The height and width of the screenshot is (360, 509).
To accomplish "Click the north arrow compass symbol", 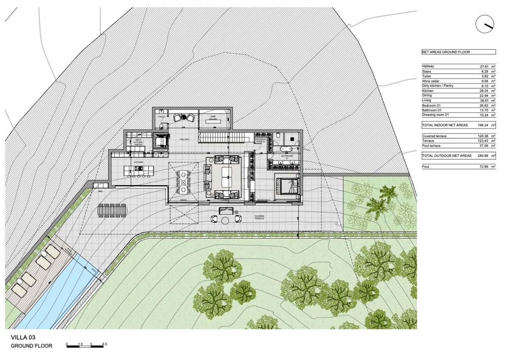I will pyautogui.click(x=485, y=24).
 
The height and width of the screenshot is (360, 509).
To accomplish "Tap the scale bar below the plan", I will pyautogui.click(x=85, y=346).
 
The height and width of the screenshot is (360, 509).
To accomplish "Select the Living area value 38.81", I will pyautogui.click(x=485, y=100).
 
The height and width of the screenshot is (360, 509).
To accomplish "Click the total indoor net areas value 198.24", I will pyautogui.click(x=484, y=125).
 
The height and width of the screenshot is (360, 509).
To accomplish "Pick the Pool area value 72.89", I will pyautogui.click(x=485, y=167).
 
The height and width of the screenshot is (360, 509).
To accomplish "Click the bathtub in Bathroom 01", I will pyautogui.click(x=285, y=149).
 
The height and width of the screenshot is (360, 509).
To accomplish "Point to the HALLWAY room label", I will pyautogui.click(x=185, y=139).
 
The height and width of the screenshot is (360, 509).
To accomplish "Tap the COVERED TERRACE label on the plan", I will pyautogui.click(x=260, y=217).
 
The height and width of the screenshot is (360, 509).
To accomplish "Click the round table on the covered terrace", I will pyautogui.click(x=226, y=220).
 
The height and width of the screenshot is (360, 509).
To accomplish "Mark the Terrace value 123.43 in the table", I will pyautogui.click(x=484, y=141).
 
